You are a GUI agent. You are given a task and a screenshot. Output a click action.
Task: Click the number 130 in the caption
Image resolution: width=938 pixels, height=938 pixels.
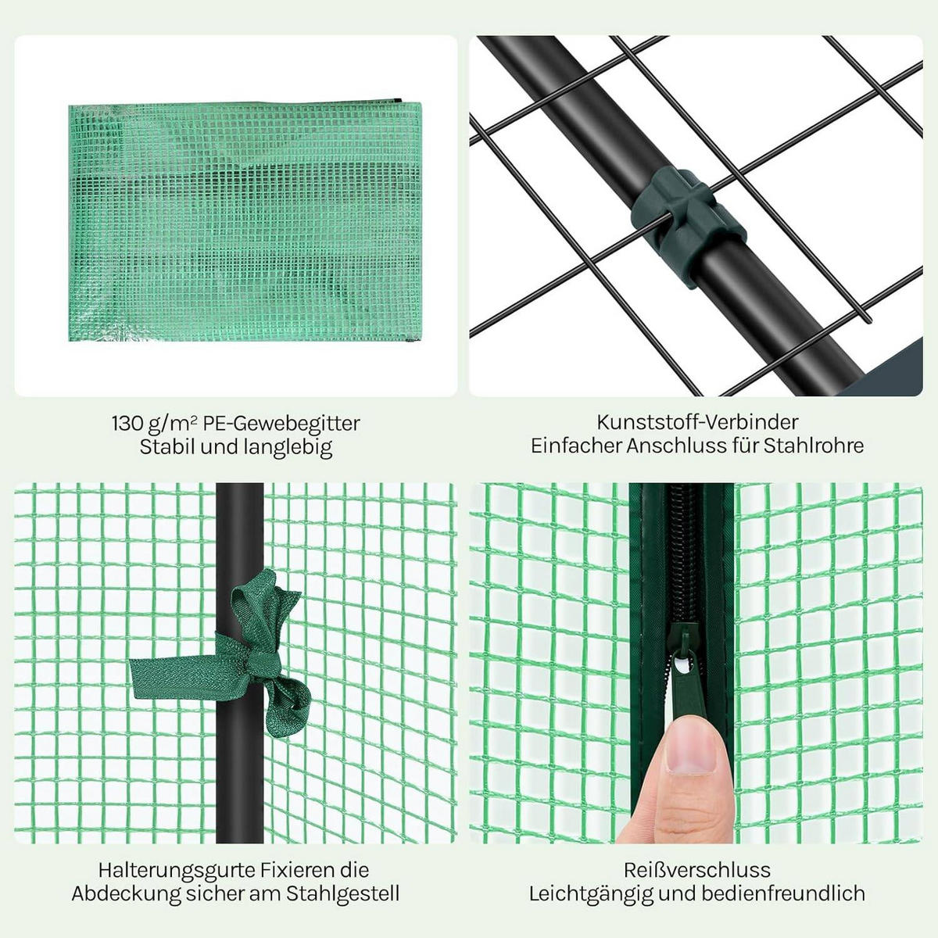click(x=127, y=423)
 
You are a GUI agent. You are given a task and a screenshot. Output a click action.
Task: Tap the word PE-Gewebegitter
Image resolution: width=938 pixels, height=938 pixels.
click(x=281, y=424)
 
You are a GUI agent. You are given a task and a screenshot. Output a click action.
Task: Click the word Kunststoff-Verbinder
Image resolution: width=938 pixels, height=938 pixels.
click(x=697, y=422)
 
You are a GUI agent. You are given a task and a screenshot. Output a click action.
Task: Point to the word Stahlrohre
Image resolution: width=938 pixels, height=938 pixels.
click(x=814, y=446)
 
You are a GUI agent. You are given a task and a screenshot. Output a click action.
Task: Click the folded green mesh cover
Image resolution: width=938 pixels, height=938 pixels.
click(x=245, y=221)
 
